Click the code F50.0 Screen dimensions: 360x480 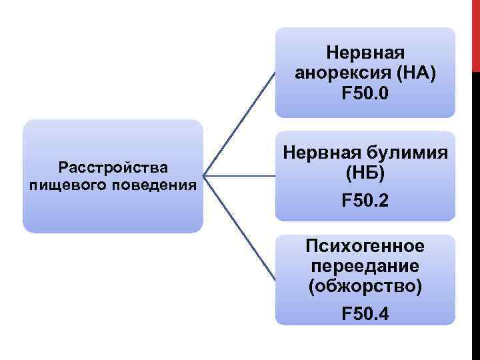(365, 95)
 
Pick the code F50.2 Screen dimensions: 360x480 (365, 201)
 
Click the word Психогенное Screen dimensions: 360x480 (365, 246)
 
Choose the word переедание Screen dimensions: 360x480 (365, 267)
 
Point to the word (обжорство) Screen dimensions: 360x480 (365, 287)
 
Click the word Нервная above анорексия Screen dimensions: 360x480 (365, 52)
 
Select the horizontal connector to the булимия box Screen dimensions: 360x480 (240, 177)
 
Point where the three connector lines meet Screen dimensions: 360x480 (204, 177)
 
